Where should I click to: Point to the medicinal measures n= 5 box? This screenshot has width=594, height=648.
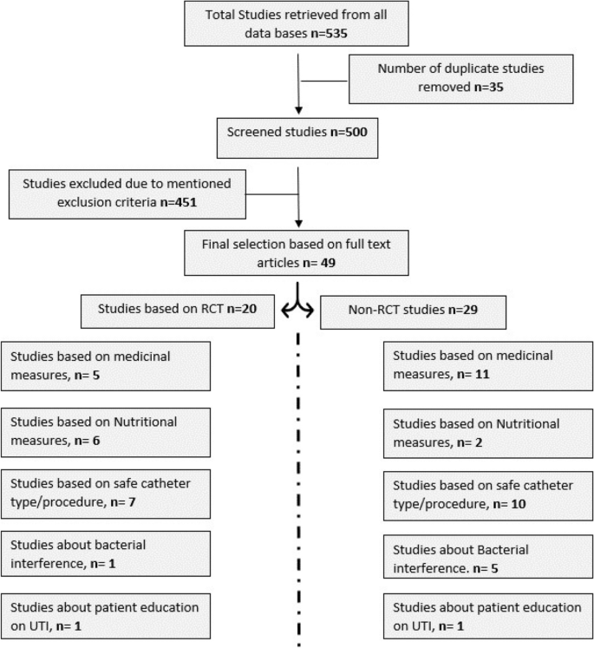(x=106, y=363)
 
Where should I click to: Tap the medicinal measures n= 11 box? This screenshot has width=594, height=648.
(x=488, y=364)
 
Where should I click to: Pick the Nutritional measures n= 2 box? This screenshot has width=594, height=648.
(x=488, y=431)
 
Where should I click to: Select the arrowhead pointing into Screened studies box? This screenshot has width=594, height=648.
(x=298, y=110)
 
